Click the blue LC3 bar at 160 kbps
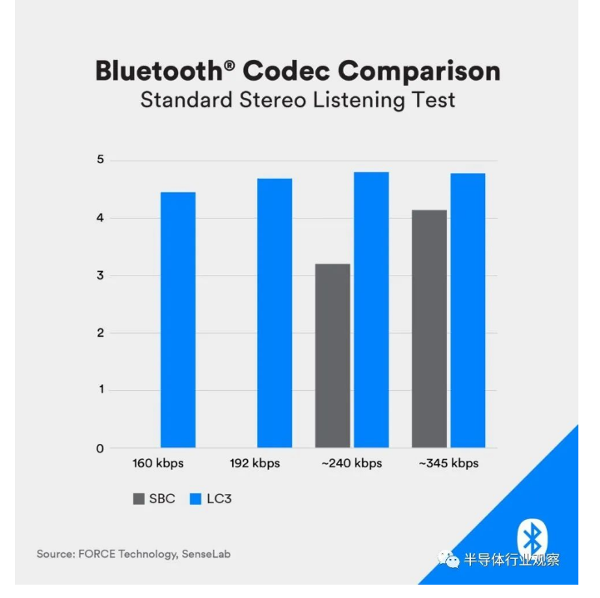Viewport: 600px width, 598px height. [x=178, y=320]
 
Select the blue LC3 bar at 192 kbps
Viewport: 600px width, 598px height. [x=275, y=314]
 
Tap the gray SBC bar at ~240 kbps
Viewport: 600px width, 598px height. [x=333, y=356]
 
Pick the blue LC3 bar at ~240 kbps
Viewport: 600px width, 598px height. [x=371, y=310]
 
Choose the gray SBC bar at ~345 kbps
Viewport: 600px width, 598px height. [x=429, y=329]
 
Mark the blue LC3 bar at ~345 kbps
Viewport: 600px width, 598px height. [x=468, y=311]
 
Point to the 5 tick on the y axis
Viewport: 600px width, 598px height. [x=100, y=161]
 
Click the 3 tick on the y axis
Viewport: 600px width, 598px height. [x=100, y=276]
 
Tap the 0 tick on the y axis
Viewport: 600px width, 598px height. [x=100, y=449]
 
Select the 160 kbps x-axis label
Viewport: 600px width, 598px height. [x=158, y=463]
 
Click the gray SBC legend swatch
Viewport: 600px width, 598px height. [x=138, y=499]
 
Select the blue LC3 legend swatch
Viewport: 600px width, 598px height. [x=196, y=499]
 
